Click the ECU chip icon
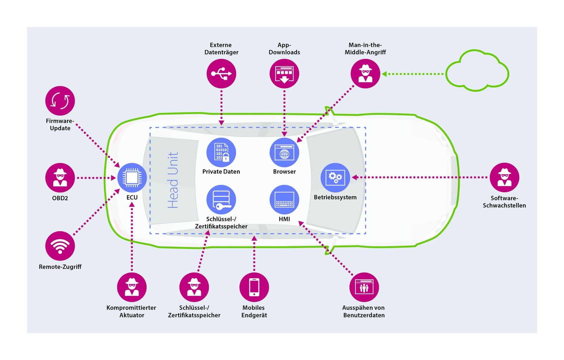point(132,178)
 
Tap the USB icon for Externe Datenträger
point(221,74)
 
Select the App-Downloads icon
point(284,74)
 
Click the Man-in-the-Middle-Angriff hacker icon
point(365,74)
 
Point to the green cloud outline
point(477,70)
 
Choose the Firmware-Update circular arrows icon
point(60,101)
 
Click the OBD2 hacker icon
point(60,178)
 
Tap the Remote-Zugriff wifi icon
point(60,246)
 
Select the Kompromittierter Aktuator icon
point(132,287)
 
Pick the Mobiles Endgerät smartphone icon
point(254,287)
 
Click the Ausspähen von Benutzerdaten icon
point(364,287)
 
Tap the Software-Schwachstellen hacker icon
point(504,177)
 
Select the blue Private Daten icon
point(221,152)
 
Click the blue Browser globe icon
point(284,152)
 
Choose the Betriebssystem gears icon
point(335,177)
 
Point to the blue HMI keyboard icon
point(284,200)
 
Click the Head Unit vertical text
point(173,180)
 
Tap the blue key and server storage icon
point(221,200)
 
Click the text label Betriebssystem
point(335,197)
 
